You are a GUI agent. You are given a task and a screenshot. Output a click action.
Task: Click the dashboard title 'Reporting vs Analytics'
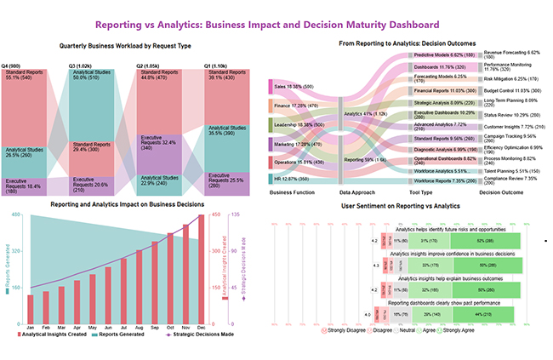pos(276,25)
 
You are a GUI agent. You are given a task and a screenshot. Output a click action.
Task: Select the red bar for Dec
pos(202,266)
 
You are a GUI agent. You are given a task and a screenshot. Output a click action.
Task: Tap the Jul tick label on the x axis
pos(124,326)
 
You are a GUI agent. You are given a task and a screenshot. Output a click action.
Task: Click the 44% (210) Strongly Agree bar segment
pos(487,315)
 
